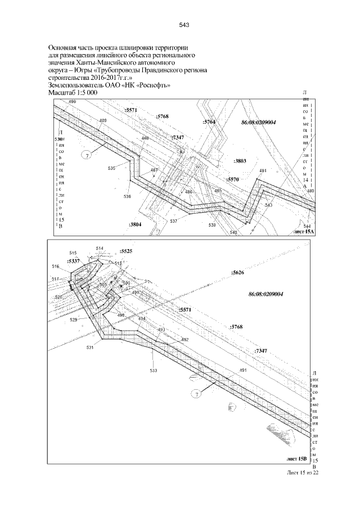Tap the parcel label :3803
(x=240, y=161)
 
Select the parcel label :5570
(x=233, y=179)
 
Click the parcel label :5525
(x=126, y=251)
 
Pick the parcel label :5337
(x=73, y=261)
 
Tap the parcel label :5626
(x=237, y=272)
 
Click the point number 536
(x=127, y=196)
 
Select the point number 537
(x=173, y=221)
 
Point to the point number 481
(x=263, y=170)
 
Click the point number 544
(x=307, y=225)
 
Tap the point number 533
(x=153, y=371)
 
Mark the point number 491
(x=243, y=370)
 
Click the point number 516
(x=55, y=267)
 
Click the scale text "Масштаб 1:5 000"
(x=73, y=92)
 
